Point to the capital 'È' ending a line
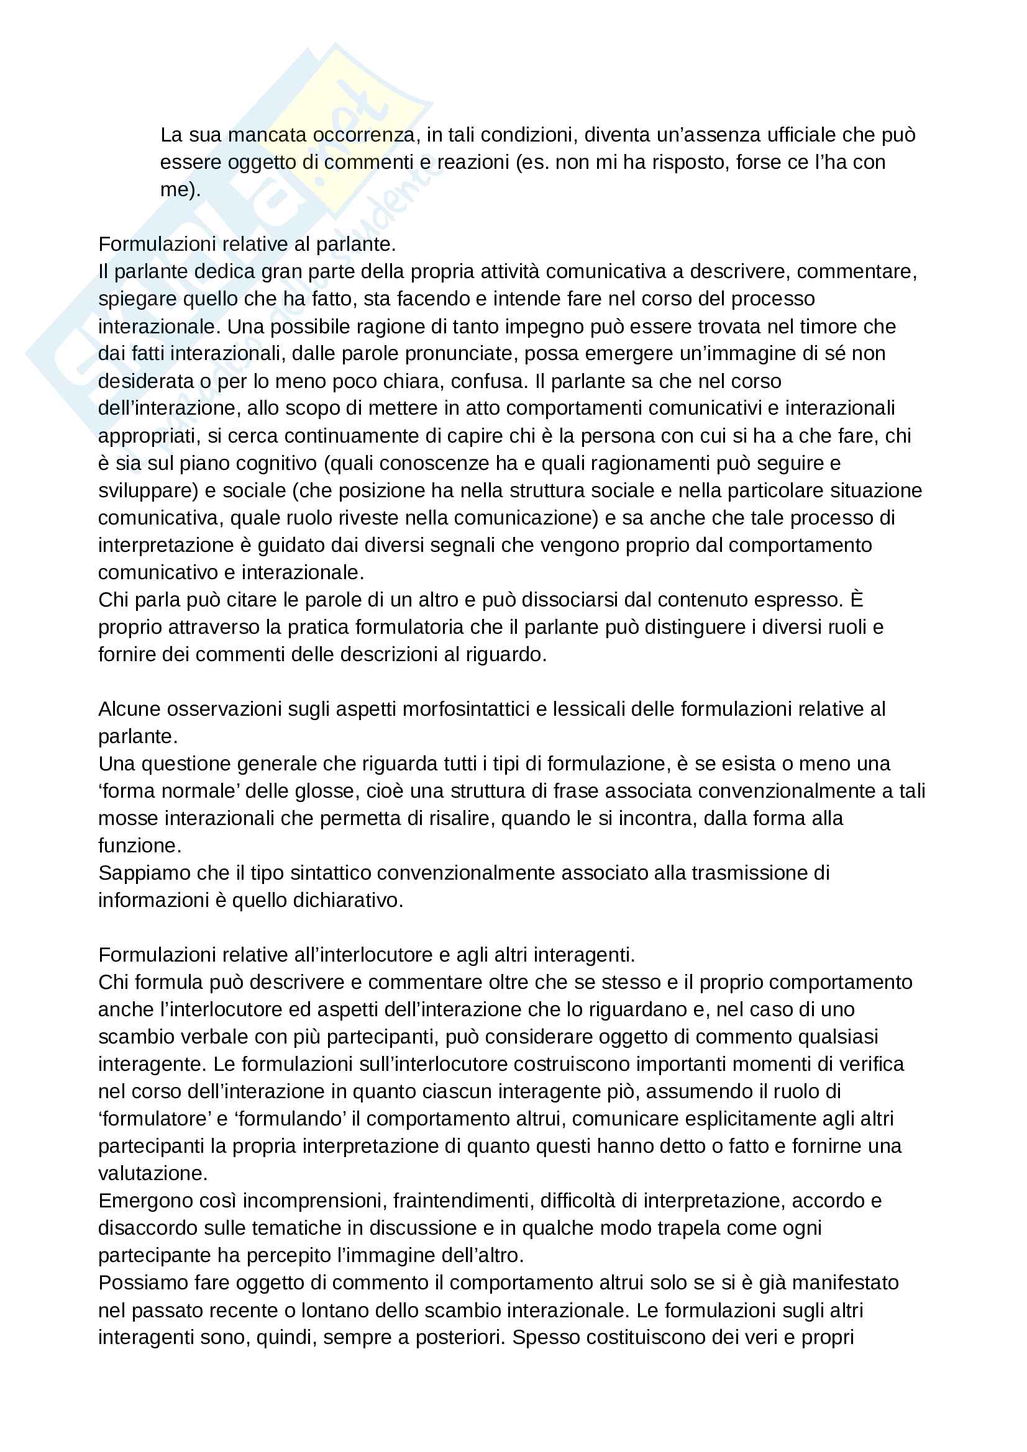click(x=856, y=600)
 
